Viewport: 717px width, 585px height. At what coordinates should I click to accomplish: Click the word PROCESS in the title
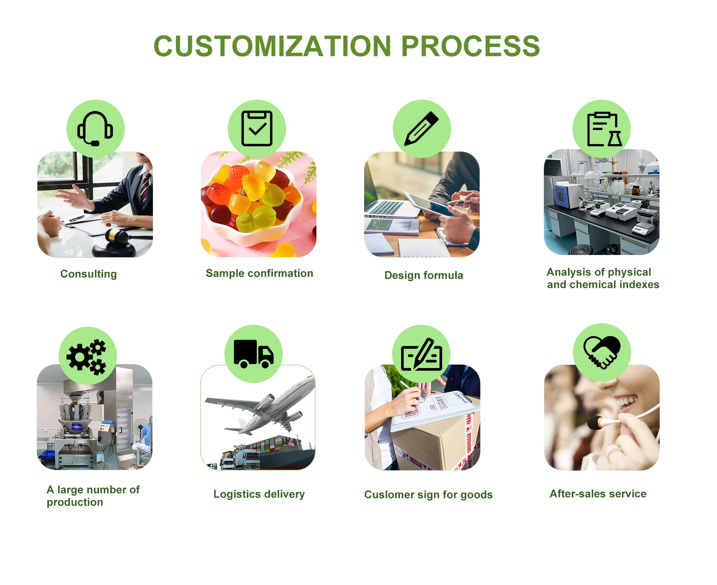[x=470, y=46]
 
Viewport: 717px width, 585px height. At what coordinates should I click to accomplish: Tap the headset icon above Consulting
[x=95, y=129]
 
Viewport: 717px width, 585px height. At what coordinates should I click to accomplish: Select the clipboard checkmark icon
[x=257, y=128]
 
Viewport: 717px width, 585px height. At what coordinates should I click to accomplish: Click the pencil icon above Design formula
[x=422, y=128]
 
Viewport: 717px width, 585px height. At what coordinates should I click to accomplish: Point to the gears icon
[x=87, y=357]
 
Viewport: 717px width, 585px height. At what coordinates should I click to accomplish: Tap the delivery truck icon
[x=254, y=354]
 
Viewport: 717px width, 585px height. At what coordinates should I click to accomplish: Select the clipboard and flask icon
[x=602, y=129]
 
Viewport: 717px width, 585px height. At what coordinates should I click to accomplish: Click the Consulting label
[x=89, y=274]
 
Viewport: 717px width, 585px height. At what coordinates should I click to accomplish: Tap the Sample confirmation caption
[x=259, y=273]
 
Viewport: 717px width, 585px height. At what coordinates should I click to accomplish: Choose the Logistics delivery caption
[x=259, y=494]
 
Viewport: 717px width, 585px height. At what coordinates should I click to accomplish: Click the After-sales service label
[x=598, y=494]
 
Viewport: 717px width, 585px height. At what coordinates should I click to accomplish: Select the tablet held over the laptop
[x=429, y=203]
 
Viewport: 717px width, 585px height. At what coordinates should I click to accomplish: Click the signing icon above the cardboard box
[x=421, y=354]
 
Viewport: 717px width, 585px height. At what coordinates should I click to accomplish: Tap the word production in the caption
[x=75, y=502]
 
